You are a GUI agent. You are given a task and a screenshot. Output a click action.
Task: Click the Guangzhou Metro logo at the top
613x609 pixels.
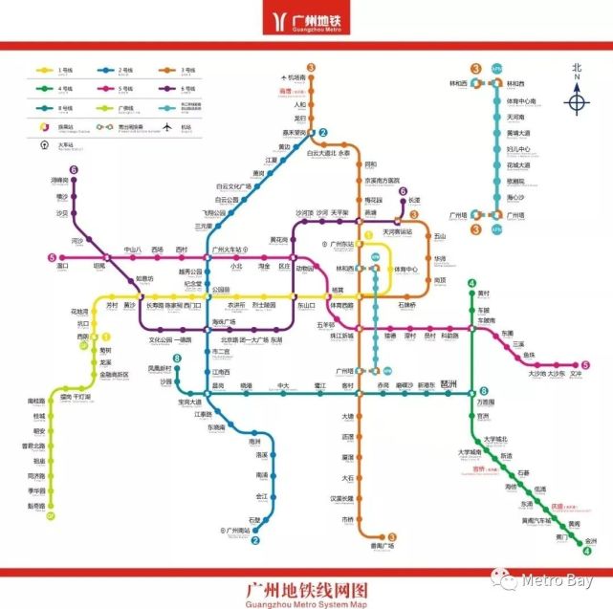pos(305,22)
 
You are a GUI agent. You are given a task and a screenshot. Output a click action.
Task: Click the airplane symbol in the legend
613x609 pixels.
pos(168,126)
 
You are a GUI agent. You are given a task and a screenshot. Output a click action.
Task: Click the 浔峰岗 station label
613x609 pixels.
pos(61,180)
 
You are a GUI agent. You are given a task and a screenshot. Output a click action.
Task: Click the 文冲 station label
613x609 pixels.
pos(576,374)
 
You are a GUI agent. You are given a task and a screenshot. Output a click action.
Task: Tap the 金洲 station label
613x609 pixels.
pos(590,540)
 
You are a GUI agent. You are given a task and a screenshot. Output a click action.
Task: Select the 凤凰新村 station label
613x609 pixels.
pos(160,369)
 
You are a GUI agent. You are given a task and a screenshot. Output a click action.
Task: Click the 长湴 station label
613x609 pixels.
pos(414,201)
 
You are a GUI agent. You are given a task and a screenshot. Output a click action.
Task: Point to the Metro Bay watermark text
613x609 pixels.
pos(558,580)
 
